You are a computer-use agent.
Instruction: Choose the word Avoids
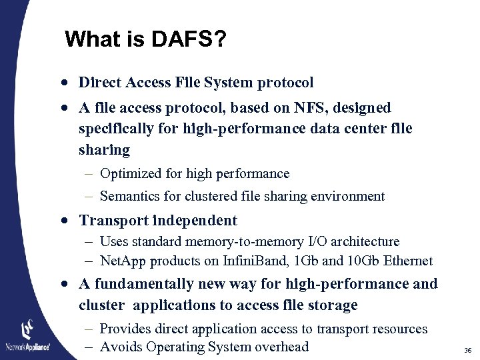coord(121,347)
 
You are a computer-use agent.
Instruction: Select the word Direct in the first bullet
coord(99,83)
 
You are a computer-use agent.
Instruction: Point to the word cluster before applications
coord(101,305)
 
